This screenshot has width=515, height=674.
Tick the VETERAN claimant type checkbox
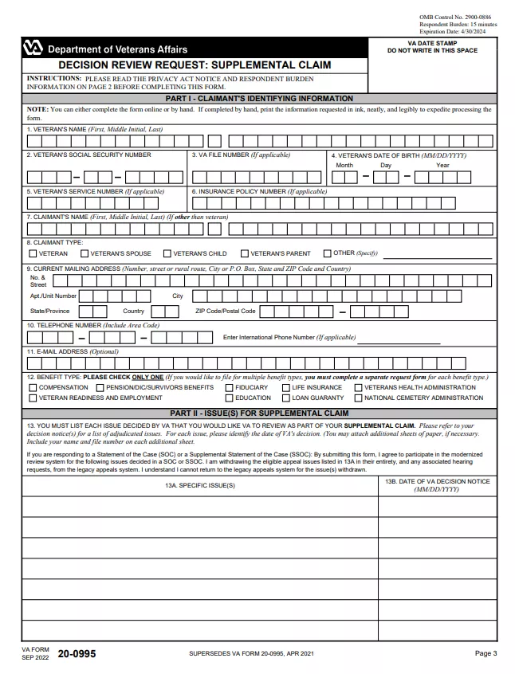33,253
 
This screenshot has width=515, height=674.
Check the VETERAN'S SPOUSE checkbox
85,253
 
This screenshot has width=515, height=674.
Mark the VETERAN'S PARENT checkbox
244,253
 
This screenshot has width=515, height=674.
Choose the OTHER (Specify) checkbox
327,253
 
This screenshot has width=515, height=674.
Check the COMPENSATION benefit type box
33,387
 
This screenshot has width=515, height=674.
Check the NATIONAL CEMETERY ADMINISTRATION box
358,398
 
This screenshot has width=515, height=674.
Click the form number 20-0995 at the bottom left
77,653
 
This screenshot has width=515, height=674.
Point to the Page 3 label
486,653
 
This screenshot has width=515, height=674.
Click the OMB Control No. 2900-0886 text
457,17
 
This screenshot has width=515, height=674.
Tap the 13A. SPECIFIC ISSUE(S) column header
199,485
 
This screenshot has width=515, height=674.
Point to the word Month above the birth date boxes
344,165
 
